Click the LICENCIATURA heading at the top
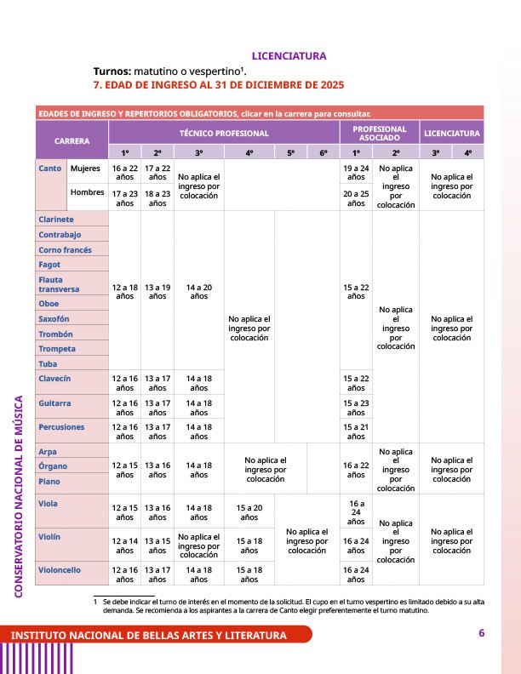click(x=289, y=56)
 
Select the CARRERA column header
click(x=72, y=140)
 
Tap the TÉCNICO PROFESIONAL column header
click(x=224, y=133)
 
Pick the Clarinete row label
click(x=56, y=220)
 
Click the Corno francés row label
click(x=65, y=250)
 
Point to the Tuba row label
click(x=49, y=364)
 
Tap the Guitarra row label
click(x=54, y=403)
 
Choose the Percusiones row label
click(x=61, y=426)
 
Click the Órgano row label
click(x=54, y=466)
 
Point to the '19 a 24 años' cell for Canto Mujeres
click(x=356, y=174)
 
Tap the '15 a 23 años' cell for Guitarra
click(x=356, y=408)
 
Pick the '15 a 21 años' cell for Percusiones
click(x=356, y=431)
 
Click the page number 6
click(x=481, y=633)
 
